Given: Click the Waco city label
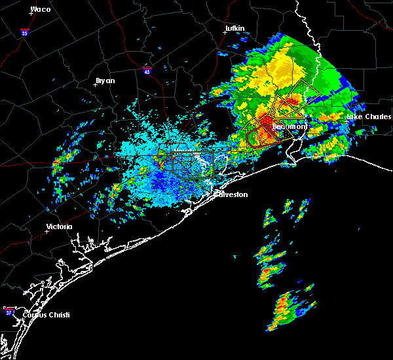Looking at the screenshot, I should pyautogui.click(x=41, y=9).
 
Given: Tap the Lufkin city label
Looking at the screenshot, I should pyautogui.click(x=234, y=29).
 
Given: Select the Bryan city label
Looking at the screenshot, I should pyautogui.click(x=105, y=81).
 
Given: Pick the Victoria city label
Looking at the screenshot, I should pyautogui.click(x=59, y=227).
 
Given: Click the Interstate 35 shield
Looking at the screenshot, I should pyautogui.click(x=24, y=31).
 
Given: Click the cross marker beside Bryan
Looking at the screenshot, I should pyautogui.click(x=95, y=85).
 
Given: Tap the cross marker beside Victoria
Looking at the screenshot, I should pyautogui.click(x=47, y=231).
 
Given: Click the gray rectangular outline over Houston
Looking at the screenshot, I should pyautogui.click(x=192, y=162).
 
